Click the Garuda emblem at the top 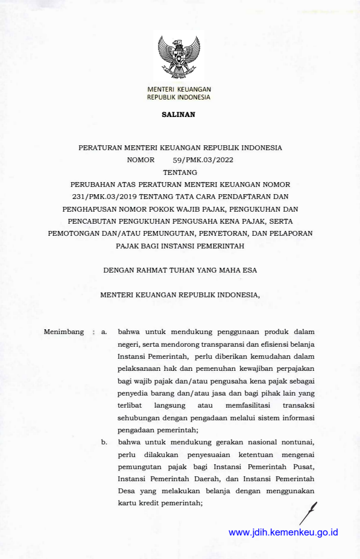pyautogui.click(x=178, y=59)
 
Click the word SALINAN pyautogui.click(x=178, y=114)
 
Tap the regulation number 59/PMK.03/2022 pyautogui.click(x=203, y=160)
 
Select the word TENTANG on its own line pyautogui.click(x=180, y=172)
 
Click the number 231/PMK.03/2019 pyautogui.click(x=101, y=197)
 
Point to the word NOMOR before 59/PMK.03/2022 pyautogui.click(x=141, y=160)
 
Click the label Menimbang pyautogui.click(x=64, y=332)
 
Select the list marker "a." pyautogui.click(x=104, y=332)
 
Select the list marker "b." pyautogui.click(x=104, y=442)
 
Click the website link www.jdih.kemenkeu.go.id pyautogui.click(x=283, y=532)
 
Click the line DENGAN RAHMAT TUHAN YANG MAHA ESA pyautogui.click(x=180, y=270)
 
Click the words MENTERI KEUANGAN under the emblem pyautogui.click(x=179, y=89)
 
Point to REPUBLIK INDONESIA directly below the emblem pyautogui.click(x=179, y=97)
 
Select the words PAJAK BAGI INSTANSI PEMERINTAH pyautogui.click(x=180, y=245)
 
